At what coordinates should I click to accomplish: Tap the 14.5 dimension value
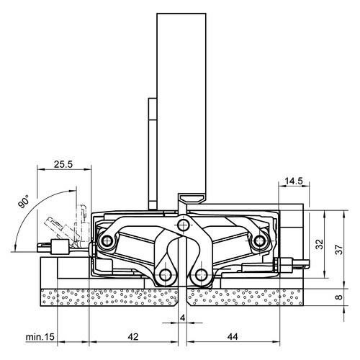tap(294, 181)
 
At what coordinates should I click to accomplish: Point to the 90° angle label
tap(24, 201)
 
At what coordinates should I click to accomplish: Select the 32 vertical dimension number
tap(320, 244)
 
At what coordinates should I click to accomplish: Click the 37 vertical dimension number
tap(338, 250)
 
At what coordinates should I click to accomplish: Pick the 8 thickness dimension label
tap(339, 297)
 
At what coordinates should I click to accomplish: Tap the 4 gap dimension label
tap(183, 318)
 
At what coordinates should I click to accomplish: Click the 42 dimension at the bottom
tap(133, 337)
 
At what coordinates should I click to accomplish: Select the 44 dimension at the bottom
tap(233, 337)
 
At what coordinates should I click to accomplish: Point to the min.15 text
tap(40, 337)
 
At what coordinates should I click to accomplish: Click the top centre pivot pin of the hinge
tap(183, 225)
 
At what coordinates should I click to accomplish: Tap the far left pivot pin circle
tap(107, 240)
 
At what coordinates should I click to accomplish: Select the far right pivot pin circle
tap(259, 240)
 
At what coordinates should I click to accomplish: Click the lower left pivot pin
tap(166, 275)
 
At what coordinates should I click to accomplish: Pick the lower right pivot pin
tap(201, 275)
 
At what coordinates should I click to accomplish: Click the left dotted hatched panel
tap(109, 297)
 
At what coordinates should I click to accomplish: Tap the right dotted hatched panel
tap(245, 297)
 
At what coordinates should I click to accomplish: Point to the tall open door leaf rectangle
tap(181, 108)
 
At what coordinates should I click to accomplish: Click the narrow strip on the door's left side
tap(153, 153)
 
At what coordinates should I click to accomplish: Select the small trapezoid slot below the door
tap(192, 199)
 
